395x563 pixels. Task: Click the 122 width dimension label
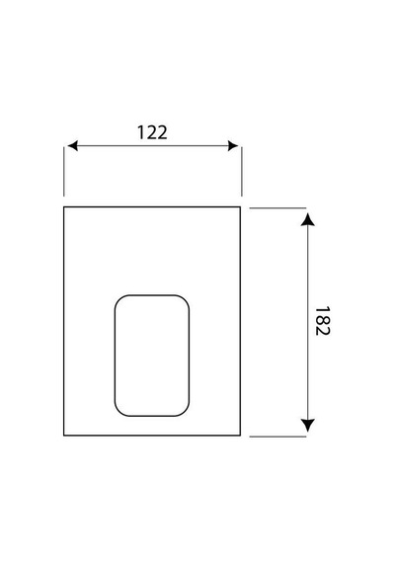coord(152,132)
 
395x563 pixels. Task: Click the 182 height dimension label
coord(322,321)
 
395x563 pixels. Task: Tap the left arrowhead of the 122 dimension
coord(72,146)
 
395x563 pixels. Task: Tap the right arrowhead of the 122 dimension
coord(233,146)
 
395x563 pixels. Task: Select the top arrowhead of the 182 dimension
coord(307,219)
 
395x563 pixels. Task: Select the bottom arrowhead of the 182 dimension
coord(307,425)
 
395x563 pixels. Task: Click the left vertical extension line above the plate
coord(64,172)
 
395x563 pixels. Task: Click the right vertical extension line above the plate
coord(242,172)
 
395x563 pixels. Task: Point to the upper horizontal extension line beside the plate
coord(277,207)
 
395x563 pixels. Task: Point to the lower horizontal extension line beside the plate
coord(277,437)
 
